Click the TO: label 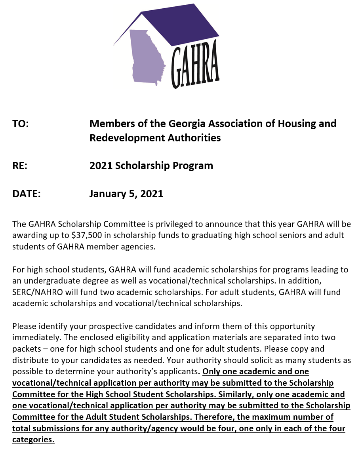[x=21, y=124]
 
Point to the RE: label [x=20, y=166]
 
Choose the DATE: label [x=27, y=194]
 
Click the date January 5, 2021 [x=126, y=194]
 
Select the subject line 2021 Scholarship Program [x=151, y=166]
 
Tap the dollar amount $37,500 [x=87, y=235]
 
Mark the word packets [x=26, y=349]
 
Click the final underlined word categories [x=33, y=440]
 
